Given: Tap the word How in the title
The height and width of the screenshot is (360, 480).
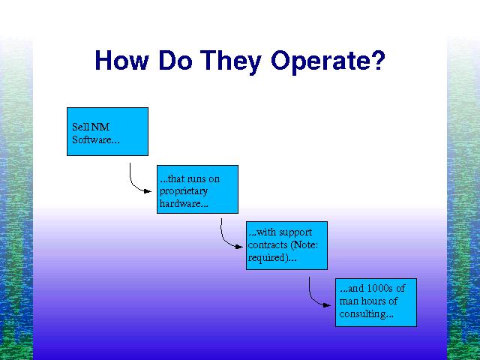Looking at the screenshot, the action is coord(121,60).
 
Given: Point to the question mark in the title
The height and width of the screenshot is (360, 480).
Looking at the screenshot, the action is coord(379,60).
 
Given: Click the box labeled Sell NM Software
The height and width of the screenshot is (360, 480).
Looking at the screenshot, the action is coord(107,132).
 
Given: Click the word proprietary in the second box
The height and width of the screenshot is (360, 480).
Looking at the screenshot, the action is coord(184,192).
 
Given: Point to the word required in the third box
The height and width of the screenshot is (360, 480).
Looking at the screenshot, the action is coord(266,258).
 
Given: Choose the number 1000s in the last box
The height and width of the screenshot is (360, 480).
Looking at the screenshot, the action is coord(377,288).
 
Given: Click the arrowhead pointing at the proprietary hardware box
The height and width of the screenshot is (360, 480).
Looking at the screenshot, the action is coord(148,191).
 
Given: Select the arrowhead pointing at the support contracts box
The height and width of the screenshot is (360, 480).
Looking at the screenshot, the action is coord(239,247).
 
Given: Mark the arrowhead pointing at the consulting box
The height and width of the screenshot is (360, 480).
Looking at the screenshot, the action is coord(327,305).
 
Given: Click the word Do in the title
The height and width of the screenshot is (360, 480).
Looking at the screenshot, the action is coord(175,60).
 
